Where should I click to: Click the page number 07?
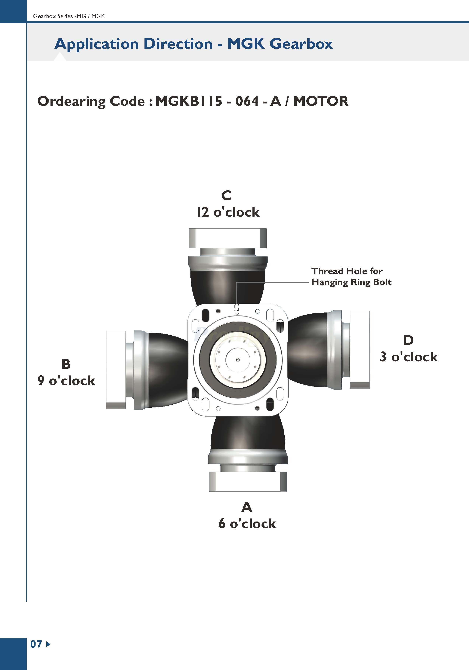click(x=36, y=644)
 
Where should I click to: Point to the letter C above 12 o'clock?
click(x=226, y=196)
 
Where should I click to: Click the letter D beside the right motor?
click(x=408, y=340)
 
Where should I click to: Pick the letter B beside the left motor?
click(x=66, y=364)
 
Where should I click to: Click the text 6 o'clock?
click(x=247, y=524)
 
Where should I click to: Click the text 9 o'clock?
click(x=66, y=381)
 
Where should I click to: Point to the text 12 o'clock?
click(x=228, y=212)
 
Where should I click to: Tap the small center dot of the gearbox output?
click(x=238, y=360)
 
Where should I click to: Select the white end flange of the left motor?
click(x=116, y=370)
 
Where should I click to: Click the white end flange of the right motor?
click(x=359, y=350)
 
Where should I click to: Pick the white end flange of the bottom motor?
click(x=248, y=481)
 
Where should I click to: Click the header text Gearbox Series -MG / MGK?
click(x=69, y=16)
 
